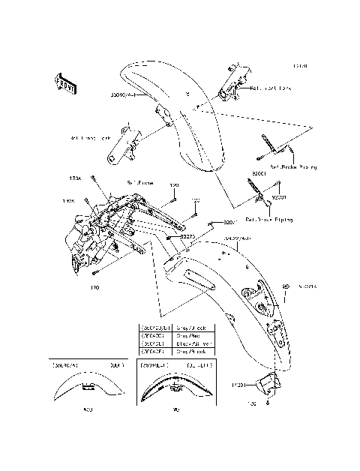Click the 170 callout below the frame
click(x=94, y=286)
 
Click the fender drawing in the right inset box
click(x=177, y=388)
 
